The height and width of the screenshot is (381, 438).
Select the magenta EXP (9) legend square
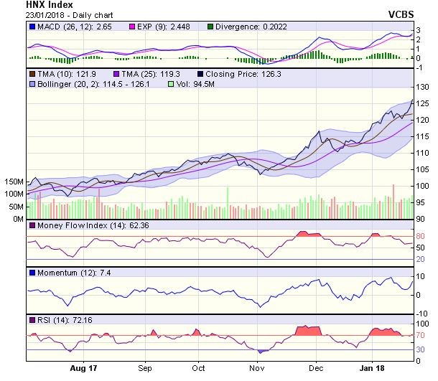(x=132, y=27)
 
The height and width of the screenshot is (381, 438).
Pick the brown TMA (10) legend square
(x=32, y=74)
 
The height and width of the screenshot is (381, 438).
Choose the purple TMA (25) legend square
(x=116, y=74)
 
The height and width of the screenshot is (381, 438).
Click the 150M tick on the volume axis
(x=14, y=182)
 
